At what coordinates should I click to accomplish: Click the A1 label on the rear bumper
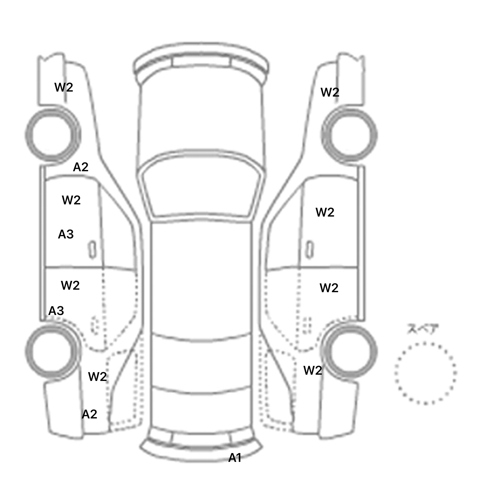pos(235,458)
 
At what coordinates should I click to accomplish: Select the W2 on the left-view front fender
pos(64,87)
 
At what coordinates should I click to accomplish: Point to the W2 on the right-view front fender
pos(330,92)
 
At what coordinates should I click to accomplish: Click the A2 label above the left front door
pos(81,167)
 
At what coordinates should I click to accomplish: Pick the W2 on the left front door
pos(71,200)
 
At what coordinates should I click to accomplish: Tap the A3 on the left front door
pos(66,234)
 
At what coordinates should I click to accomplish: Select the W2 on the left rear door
pos(70,285)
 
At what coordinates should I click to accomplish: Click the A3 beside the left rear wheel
pos(56,311)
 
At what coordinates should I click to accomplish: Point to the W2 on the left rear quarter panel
pos(97,377)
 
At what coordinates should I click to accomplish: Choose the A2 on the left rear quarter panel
pos(89,414)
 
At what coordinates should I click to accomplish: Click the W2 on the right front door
pos(325,212)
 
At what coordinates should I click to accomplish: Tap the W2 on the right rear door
pos(329,288)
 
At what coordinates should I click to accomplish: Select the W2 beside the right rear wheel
pos(313,370)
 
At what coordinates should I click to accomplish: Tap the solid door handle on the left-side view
pos(92,250)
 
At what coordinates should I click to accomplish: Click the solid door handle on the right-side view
pos(309,250)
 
